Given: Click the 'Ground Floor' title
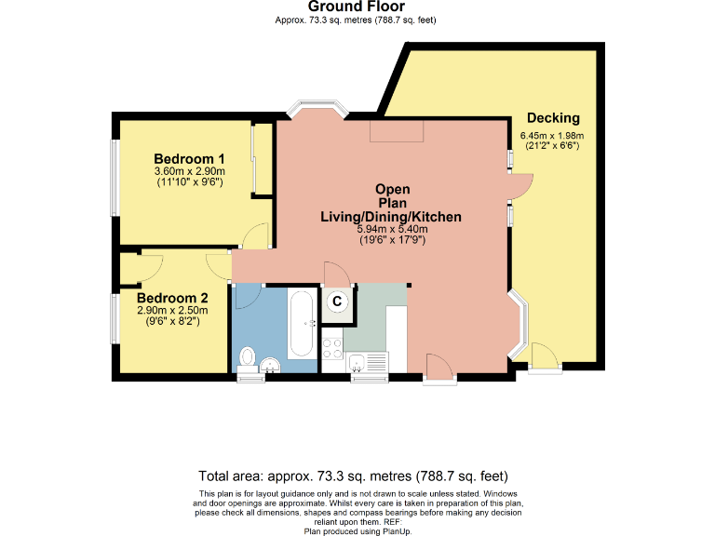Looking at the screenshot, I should [x=357, y=7].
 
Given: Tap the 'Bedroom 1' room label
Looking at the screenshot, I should [x=189, y=157].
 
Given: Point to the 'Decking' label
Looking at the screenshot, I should [x=553, y=118].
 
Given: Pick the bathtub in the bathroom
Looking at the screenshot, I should [x=301, y=325].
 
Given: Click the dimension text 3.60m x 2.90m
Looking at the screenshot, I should [x=189, y=171].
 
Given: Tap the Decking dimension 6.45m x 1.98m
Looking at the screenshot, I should [x=552, y=136].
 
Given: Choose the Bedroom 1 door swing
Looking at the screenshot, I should [x=254, y=237].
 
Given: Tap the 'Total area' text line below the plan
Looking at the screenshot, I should [x=357, y=473].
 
